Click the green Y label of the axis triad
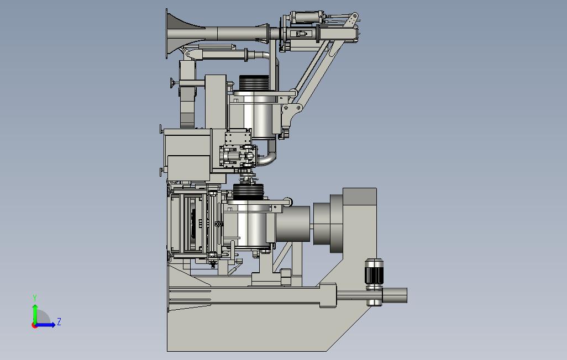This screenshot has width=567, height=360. point(35,298)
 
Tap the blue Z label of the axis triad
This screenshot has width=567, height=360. point(59,321)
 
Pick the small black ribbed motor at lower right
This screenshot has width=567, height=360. point(374,271)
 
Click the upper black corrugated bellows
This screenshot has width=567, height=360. point(254,83)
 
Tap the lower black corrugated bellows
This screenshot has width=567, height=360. point(248,192)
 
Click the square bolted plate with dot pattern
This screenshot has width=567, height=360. point(238,137)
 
